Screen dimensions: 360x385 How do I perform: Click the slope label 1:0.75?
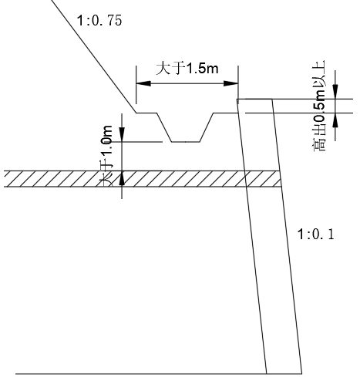point(99,20)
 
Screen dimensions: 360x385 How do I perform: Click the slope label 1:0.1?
point(316,235)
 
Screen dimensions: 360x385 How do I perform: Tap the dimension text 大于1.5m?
point(187,69)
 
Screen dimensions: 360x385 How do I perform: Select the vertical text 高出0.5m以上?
point(318,106)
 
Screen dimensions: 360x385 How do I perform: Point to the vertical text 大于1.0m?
point(106,155)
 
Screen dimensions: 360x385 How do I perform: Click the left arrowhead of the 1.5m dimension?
point(143,83)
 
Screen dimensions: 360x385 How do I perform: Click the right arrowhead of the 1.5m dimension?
point(230,83)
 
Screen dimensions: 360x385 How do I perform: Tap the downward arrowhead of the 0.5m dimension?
point(335,91)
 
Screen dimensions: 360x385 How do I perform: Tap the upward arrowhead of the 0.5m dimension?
point(335,120)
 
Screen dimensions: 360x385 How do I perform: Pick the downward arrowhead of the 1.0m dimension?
point(122,134)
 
